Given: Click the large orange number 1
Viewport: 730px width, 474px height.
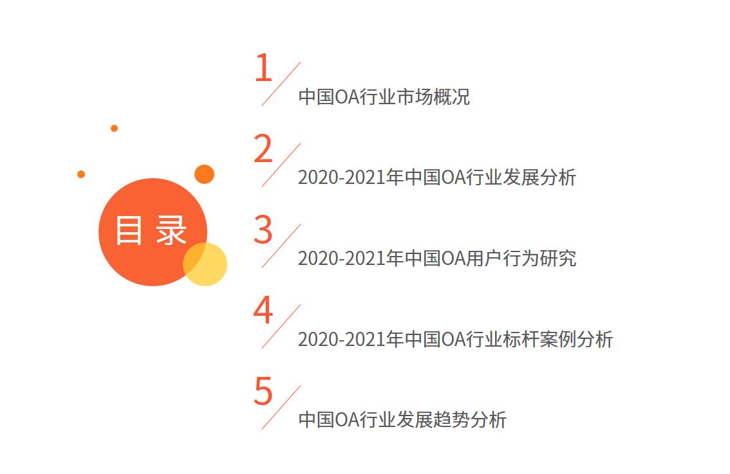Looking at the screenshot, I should coord(263,68).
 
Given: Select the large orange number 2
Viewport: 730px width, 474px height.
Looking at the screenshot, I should coord(263,149).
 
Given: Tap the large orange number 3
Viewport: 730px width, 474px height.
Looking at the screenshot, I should coord(263,230).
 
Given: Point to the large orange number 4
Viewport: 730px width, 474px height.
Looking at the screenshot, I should coord(263,311).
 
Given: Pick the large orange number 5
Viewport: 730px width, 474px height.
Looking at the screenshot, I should coord(263,392).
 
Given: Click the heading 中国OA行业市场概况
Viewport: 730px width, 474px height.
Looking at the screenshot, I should coord(384,97).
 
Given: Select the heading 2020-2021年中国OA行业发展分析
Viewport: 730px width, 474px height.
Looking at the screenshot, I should coord(436,178).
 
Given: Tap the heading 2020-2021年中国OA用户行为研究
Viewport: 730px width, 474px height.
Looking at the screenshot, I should coord(436,259).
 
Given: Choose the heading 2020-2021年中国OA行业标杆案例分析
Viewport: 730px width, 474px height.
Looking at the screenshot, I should coord(455,339).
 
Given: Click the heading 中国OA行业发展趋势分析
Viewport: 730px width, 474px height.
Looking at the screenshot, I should coord(402,420).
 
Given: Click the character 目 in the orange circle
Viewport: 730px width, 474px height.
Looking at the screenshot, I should coord(129,230).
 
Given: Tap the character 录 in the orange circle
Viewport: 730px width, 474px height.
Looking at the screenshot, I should coord(171,230).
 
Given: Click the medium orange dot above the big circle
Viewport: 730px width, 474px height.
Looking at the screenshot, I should coord(204,174).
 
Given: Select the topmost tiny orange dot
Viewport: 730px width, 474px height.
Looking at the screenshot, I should coord(114,128).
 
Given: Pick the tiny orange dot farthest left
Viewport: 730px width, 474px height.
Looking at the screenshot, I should coord(81,174).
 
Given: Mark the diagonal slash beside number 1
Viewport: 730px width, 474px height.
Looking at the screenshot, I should coord(281,84).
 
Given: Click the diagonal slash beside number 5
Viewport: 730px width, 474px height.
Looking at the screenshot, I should coord(281,408).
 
